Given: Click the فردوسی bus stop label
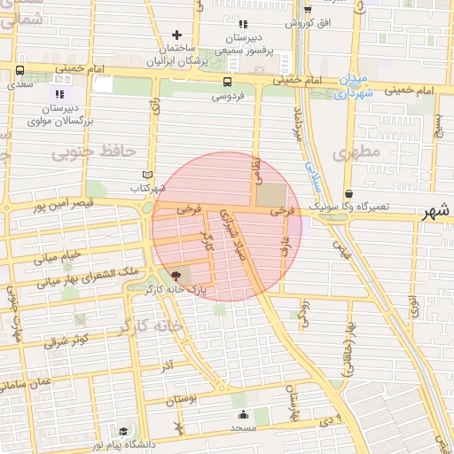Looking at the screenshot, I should [229, 96].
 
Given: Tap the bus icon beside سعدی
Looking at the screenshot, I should [20, 71].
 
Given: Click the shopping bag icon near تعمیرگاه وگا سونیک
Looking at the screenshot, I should [348, 192].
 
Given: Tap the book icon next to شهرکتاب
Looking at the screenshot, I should [148, 175].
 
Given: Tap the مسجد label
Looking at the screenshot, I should [243, 427].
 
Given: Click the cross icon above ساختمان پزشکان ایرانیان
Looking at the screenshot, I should [177, 35].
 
